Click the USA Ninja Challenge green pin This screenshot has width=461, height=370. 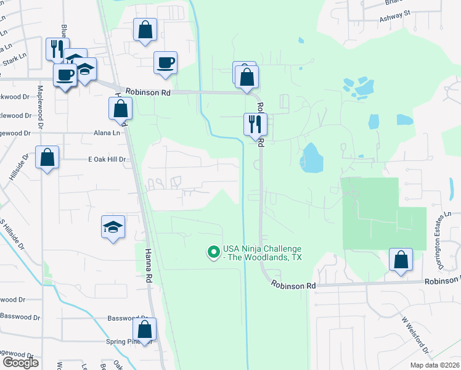(213, 252)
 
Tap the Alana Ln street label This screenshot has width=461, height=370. (107, 133)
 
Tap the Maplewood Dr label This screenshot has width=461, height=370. (39, 107)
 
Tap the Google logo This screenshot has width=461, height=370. (20, 363)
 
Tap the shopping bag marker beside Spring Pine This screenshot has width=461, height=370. (144, 329)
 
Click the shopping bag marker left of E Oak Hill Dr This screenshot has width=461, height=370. (47, 158)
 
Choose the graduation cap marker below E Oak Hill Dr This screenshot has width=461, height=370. (113, 227)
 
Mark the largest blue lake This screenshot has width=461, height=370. (312, 158)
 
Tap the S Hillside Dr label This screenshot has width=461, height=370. (13, 234)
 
